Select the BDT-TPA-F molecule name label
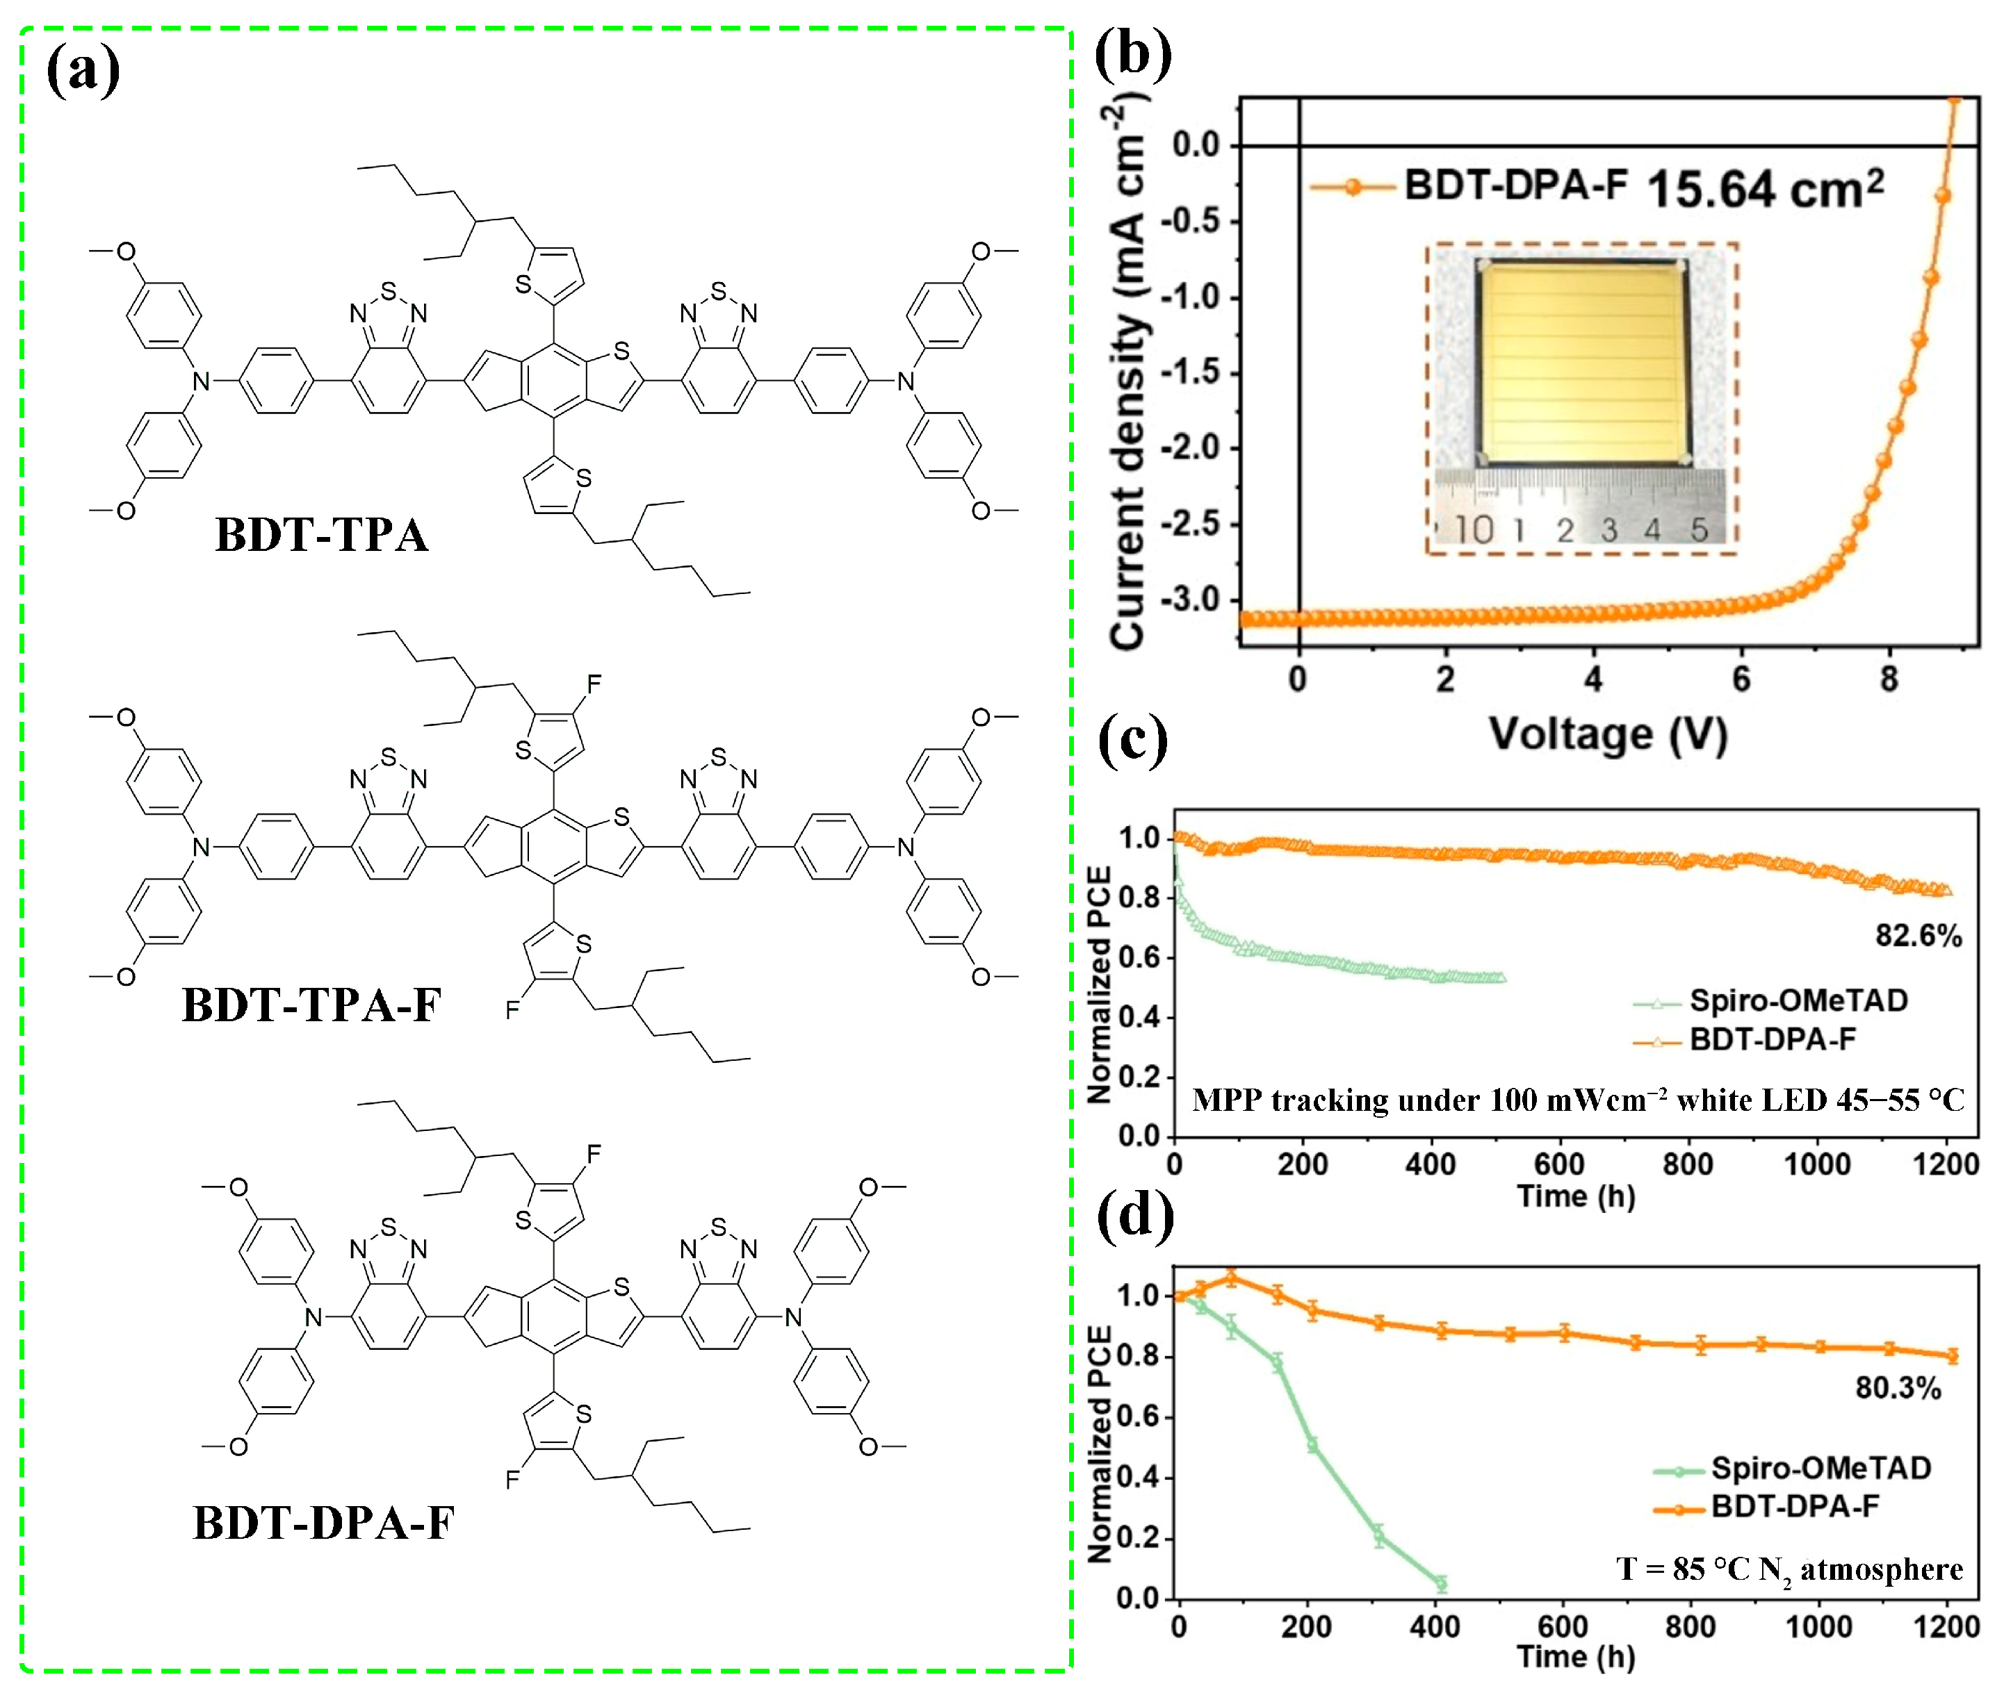point(311,1005)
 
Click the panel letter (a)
point(83,70)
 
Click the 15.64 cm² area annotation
point(1765,188)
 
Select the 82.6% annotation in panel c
point(1918,936)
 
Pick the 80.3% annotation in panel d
point(1898,1388)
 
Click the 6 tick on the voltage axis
point(1741,679)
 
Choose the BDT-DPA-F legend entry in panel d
point(1793,1506)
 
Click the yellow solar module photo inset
point(1583,365)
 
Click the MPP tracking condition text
point(1578,1100)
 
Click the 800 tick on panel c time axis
point(1687,1164)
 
